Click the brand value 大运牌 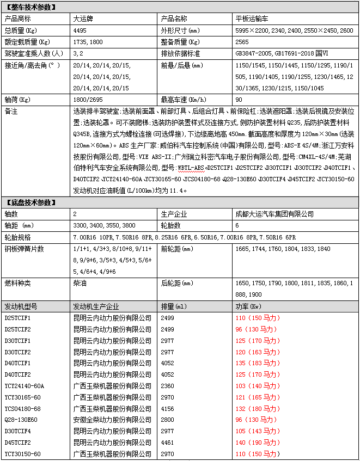(83, 18)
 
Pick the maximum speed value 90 (239, 100)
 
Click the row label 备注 (11, 111)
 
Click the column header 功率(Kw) (248, 306)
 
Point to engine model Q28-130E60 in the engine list (21, 420)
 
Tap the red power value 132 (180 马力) (256, 408)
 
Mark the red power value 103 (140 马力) (256, 385)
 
